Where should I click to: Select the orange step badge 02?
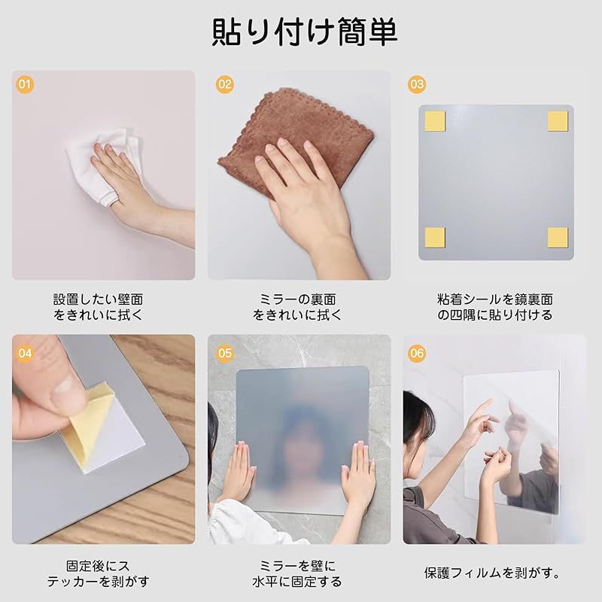pos(224,84)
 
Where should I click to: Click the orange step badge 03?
pos(417,84)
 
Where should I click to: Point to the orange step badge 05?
pos(224,352)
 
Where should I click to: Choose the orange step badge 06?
pos(417,352)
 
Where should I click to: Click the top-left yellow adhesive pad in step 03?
pos(435,120)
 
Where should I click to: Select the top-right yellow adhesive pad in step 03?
pos(557,120)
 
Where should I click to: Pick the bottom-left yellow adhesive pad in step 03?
pos(435,236)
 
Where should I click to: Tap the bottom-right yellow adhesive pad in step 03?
pos(557,236)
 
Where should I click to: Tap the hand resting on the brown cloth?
pos(309,196)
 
